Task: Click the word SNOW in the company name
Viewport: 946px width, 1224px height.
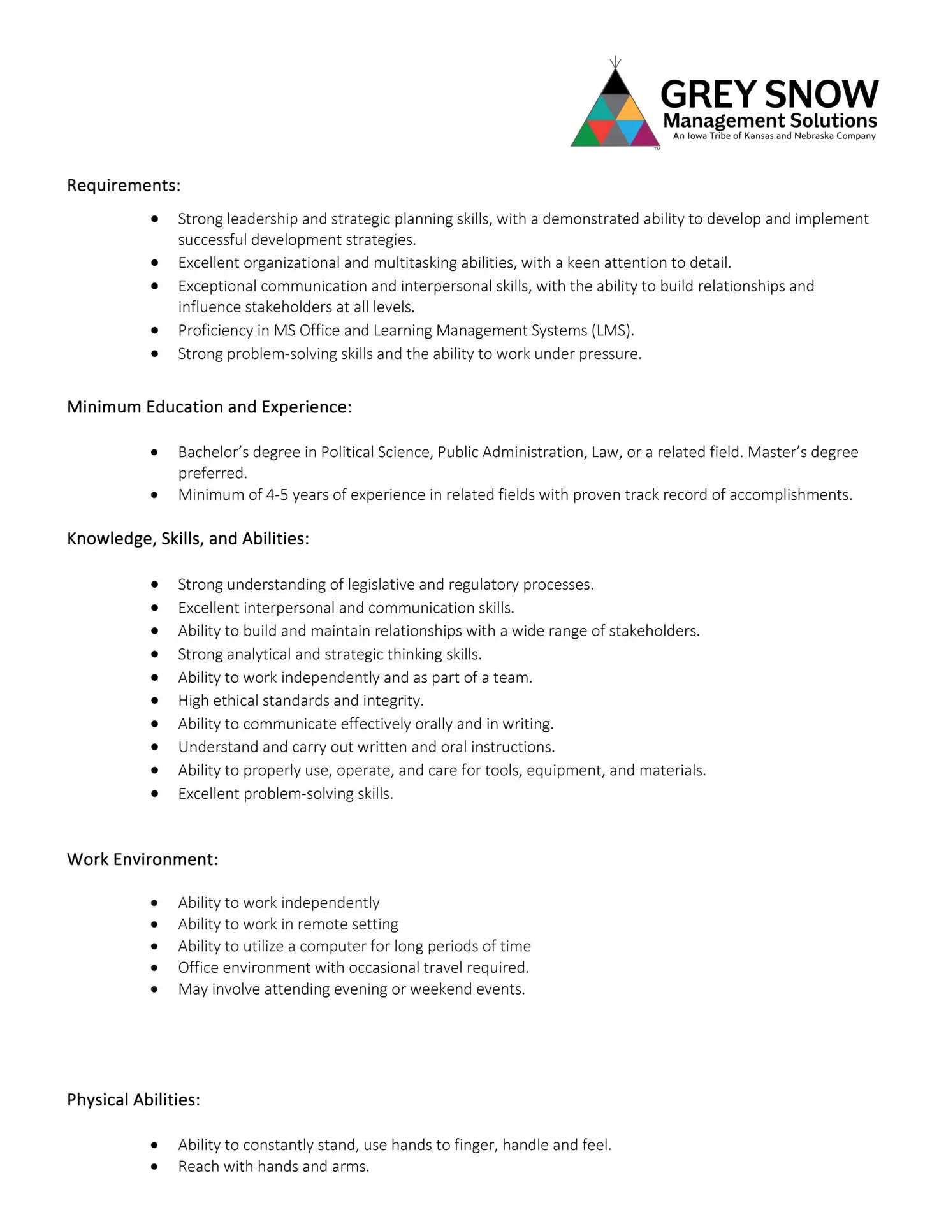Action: (822, 94)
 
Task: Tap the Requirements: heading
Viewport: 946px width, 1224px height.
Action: (124, 186)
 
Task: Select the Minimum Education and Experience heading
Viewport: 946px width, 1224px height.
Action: (209, 407)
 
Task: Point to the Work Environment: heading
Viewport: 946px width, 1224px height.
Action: (142, 859)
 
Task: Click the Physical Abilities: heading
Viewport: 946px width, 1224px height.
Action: (133, 1100)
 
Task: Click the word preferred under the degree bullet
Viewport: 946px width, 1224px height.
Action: (212, 473)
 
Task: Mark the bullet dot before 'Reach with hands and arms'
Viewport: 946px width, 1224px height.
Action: (155, 1167)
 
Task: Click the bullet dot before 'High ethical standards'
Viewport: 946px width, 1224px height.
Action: (155, 701)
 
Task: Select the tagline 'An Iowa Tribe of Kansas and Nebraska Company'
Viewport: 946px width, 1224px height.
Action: (774, 136)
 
